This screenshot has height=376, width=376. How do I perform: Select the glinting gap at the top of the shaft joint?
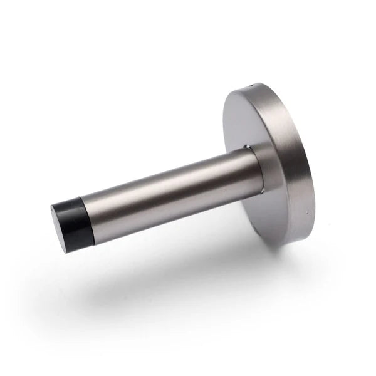248,149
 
